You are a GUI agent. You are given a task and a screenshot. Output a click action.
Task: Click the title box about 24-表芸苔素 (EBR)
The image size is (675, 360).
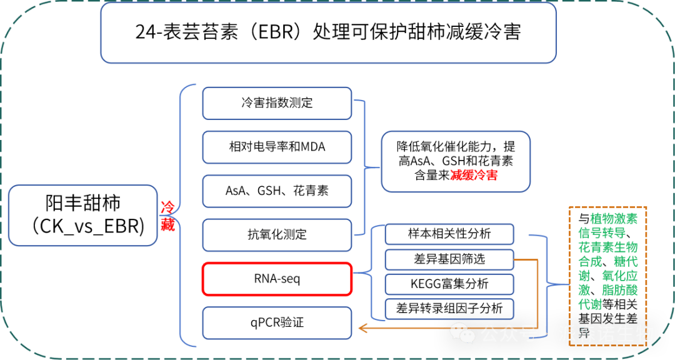(328, 32)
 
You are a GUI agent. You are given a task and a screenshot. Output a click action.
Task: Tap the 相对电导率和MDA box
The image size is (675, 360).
(277, 147)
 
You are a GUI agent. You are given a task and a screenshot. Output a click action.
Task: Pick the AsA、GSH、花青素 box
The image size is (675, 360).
(277, 191)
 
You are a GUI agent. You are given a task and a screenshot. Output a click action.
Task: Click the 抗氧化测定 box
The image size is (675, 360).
(277, 235)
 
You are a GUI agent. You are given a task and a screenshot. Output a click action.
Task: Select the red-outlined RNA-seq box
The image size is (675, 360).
(277, 279)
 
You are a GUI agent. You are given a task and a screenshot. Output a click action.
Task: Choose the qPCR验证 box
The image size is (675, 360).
(277, 323)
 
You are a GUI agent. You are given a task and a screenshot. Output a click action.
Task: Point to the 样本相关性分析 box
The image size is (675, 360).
(449, 234)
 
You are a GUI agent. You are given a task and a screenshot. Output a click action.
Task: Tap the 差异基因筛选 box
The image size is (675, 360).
(449, 259)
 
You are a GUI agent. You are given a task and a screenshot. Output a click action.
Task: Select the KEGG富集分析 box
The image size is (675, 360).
(449, 284)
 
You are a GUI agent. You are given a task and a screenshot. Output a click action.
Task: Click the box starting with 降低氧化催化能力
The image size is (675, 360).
(456, 161)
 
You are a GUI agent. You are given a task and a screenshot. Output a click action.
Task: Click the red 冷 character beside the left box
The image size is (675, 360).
(167, 207)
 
